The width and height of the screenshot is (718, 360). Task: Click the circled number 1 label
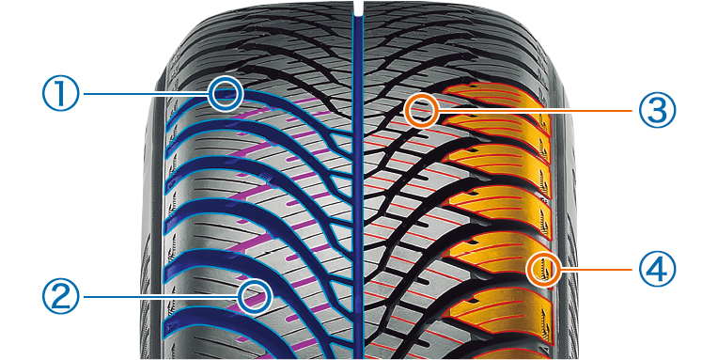click(x=61, y=93)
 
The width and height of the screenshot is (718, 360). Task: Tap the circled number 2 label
click(x=61, y=296)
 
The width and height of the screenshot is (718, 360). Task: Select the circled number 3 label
click(x=657, y=110)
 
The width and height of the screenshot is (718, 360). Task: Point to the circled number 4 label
click(x=657, y=269)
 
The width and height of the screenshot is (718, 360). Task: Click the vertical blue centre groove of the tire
click(x=358, y=183)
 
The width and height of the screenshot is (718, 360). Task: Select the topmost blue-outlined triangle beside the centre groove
click(x=341, y=141)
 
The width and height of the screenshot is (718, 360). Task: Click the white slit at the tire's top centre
click(x=359, y=8)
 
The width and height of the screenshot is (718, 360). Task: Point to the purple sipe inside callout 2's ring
click(x=255, y=299)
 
